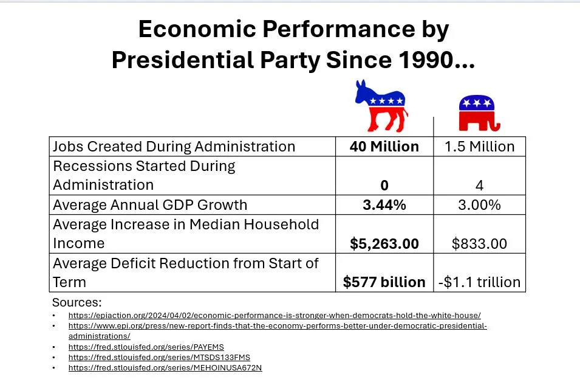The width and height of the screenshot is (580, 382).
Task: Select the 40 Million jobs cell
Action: point(384,147)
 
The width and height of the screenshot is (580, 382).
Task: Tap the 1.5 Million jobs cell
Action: point(479,147)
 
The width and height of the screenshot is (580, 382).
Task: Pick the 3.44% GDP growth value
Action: point(384,205)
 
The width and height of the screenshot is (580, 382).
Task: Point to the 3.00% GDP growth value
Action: point(479,205)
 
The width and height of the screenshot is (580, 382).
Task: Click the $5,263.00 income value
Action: point(384,244)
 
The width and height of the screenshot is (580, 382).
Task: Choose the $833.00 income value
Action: point(479,244)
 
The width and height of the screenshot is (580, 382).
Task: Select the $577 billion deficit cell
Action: point(384,282)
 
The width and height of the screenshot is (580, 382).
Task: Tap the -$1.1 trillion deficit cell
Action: point(479,282)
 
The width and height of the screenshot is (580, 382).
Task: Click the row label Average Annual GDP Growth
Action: point(150,205)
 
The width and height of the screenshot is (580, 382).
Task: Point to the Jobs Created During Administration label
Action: point(174,147)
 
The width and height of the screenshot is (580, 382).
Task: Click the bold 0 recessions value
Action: point(384,186)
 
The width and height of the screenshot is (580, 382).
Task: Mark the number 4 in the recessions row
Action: point(479,186)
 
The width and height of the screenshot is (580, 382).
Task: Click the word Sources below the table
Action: point(77,302)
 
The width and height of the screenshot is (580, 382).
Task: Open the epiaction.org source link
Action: point(274,315)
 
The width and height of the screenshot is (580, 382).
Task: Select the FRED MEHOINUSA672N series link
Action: point(165,367)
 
